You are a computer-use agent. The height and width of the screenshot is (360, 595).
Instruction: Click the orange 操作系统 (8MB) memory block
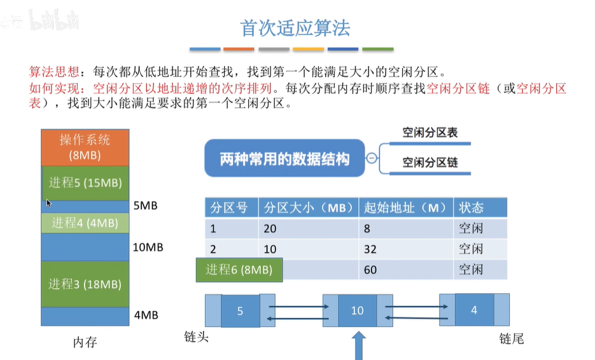85,148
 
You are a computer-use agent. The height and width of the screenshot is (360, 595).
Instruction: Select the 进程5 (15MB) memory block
85,183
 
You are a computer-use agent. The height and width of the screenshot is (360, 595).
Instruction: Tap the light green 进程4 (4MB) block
85,223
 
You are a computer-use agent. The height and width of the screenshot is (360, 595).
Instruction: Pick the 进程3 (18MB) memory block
85,284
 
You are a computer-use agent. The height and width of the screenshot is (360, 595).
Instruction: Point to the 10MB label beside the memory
148,247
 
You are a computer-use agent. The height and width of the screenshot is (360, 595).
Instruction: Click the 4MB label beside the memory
146,315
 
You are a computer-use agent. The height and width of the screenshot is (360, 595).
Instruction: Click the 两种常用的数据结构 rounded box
284,159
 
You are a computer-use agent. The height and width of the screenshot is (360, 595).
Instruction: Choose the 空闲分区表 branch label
430,133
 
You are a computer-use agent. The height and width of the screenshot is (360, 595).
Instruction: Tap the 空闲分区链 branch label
430,163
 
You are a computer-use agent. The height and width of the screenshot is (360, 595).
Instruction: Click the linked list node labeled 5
240,310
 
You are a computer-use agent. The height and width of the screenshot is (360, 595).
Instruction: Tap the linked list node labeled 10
357,310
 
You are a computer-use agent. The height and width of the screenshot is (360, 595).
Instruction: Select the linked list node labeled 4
474,310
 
